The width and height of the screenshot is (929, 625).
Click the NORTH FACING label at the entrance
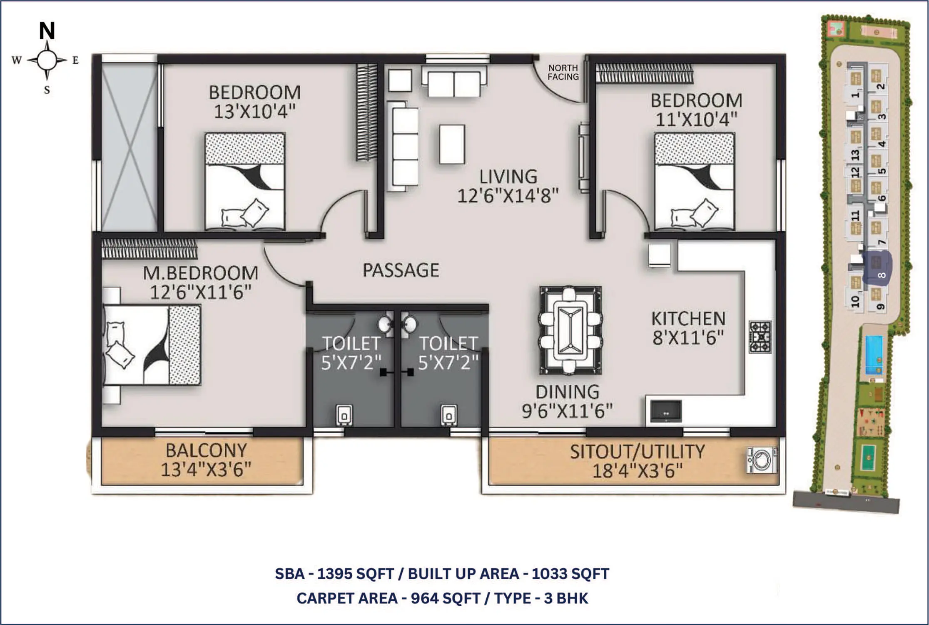(563, 72)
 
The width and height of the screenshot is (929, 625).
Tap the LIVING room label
(508, 177)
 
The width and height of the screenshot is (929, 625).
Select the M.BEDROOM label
(200, 273)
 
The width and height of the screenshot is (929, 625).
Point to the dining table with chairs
(570, 330)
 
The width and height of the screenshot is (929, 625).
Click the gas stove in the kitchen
(760, 337)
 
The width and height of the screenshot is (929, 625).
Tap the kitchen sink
(666, 412)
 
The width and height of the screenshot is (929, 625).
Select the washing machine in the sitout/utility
(762, 460)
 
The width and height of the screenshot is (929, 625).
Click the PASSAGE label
(401, 270)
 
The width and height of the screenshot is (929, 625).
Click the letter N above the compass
(47, 30)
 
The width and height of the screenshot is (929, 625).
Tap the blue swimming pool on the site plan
(874, 355)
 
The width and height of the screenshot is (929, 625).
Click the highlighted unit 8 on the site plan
(877, 267)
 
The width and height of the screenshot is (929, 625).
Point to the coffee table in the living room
(452, 144)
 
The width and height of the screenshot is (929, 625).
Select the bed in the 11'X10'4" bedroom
(694, 181)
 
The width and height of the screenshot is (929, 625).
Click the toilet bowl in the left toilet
(344, 415)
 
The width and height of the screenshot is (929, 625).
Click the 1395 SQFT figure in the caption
(355, 574)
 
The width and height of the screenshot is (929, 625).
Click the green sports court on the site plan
(867, 457)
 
